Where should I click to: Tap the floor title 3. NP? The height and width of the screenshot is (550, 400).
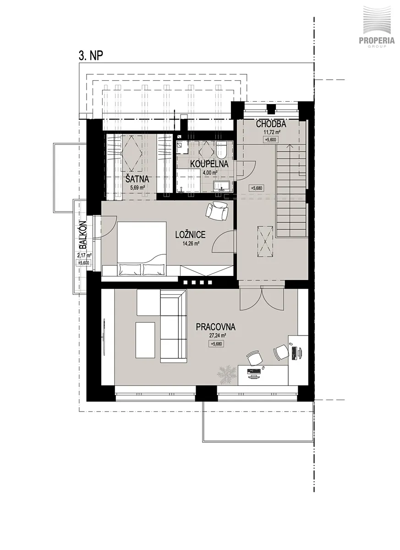[91, 56]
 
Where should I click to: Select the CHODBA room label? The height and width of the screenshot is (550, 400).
[271, 124]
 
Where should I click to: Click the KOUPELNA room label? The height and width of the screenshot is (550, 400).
[209, 164]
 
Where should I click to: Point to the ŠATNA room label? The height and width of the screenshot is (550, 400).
[137, 179]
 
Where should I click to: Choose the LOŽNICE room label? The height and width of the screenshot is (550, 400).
[191, 235]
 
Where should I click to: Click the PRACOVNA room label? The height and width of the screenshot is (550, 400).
[216, 327]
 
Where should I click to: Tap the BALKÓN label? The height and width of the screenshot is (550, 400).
[83, 235]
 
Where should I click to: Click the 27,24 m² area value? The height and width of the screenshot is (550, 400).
[216, 335]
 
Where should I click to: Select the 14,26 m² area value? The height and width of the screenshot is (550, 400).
[191, 243]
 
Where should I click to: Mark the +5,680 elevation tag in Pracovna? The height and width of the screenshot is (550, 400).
[216, 344]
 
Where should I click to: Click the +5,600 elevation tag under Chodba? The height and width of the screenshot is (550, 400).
[271, 140]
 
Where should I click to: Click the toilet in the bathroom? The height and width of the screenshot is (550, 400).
[222, 150]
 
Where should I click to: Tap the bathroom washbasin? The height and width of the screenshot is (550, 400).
[222, 187]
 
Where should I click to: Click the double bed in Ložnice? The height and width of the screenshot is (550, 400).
[142, 249]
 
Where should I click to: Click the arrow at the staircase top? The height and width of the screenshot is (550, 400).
[290, 146]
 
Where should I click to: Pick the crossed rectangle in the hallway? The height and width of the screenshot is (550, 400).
[265, 242]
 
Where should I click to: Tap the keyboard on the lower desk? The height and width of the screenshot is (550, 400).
[254, 370]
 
